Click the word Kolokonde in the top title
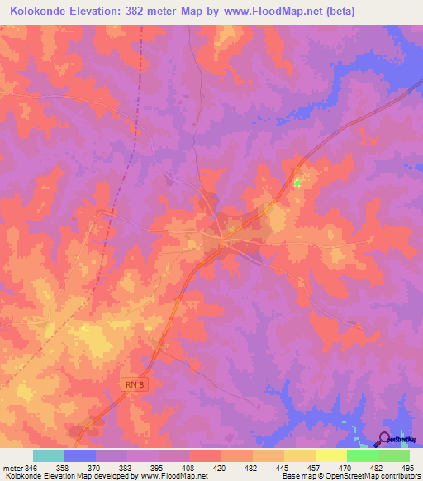(x=40, y=11)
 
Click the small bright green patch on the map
(x=297, y=182)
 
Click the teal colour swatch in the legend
(x=49, y=455)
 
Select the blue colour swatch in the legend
(x=80, y=455)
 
